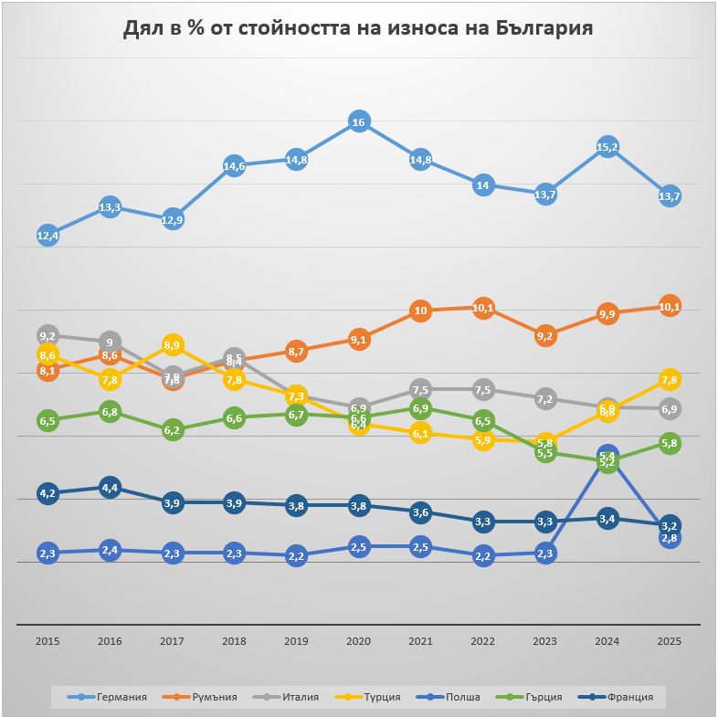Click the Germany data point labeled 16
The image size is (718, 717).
coord(359,121)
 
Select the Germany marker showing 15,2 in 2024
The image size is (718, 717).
coord(607,147)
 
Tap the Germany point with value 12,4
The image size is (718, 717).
coord(48,236)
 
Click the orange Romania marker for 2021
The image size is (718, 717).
coord(421,311)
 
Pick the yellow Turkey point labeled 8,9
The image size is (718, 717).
coord(172,345)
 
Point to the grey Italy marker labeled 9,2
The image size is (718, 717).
coord(48,336)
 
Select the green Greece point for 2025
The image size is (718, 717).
coord(670,443)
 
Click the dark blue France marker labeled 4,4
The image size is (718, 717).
coord(110,488)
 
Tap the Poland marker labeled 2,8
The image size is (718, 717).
coord(670,538)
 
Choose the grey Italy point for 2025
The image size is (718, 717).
coord(670,408)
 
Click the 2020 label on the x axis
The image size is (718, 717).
coord(359,641)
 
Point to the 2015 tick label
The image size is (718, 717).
coord(48,641)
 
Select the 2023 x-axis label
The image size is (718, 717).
coord(545,641)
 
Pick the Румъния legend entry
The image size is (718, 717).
coord(210,697)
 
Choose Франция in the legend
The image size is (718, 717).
coord(627,697)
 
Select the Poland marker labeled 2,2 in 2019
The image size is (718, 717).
coord(296,556)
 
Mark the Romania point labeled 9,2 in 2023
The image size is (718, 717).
coord(545,336)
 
